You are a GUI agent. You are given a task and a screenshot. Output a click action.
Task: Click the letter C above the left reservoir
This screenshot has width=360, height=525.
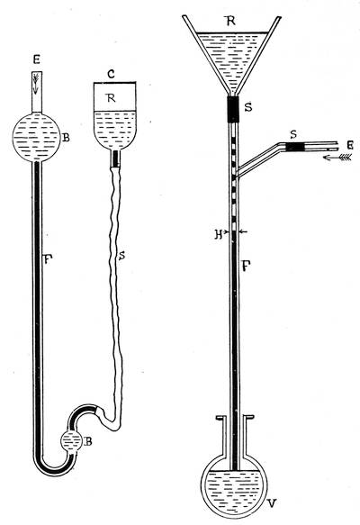(x=112, y=74)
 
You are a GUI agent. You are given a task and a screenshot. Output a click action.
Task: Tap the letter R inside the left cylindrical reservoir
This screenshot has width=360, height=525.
(x=111, y=97)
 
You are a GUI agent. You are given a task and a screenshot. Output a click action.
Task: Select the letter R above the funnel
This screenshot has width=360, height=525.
(x=230, y=21)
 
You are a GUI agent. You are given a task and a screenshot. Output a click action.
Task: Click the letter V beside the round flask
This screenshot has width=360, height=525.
(x=273, y=502)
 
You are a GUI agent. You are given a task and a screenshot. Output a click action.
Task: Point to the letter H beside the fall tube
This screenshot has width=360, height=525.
(x=219, y=234)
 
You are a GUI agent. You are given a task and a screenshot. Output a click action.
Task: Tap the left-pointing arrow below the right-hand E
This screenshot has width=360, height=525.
(x=337, y=158)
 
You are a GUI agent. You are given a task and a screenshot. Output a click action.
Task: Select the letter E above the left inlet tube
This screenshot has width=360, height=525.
(x=37, y=60)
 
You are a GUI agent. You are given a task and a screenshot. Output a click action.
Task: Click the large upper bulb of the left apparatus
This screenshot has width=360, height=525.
(x=37, y=137)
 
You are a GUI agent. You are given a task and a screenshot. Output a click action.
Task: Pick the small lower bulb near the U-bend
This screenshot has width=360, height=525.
(x=71, y=443)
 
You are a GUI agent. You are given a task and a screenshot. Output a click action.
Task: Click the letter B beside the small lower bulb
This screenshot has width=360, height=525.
(x=88, y=441)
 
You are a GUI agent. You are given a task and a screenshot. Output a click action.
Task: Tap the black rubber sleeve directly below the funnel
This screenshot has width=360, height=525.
(x=233, y=110)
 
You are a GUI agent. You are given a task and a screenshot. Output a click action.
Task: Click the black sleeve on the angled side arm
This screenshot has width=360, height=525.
(x=297, y=147)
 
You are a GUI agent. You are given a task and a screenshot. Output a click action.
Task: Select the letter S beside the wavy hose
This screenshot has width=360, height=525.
(x=121, y=256)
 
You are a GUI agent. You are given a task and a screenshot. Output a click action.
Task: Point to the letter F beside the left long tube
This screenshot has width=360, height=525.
(x=48, y=258)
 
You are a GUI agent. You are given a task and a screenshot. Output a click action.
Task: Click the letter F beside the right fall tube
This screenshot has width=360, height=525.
(x=247, y=267)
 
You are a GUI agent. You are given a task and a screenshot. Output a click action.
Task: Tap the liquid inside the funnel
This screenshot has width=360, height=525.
(x=232, y=57)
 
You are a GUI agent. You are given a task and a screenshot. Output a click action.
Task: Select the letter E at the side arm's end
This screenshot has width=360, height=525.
(x=350, y=145)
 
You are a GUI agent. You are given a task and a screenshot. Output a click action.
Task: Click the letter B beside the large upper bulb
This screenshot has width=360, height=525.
(x=67, y=137)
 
